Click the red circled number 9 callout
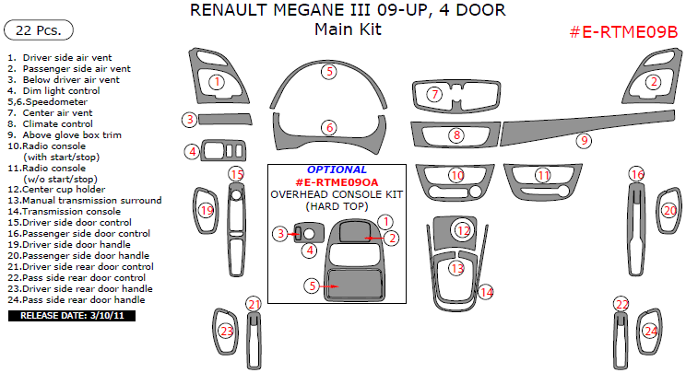[x=583, y=141]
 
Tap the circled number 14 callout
[x=486, y=293]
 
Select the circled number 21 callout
[x=254, y=305]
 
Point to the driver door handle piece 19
[x=205, y=211]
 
